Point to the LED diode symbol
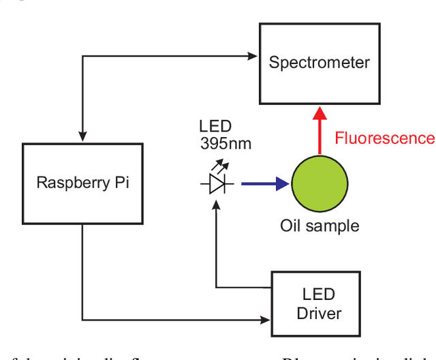pos(217,183)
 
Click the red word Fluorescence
pos(385,138)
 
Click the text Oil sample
pos(320,226)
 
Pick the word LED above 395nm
pos(215,127)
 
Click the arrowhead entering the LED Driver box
pos(266,318)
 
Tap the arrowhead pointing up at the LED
pos(217,207)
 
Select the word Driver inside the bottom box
pos(319,313)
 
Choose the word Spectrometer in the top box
pos(319,63)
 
